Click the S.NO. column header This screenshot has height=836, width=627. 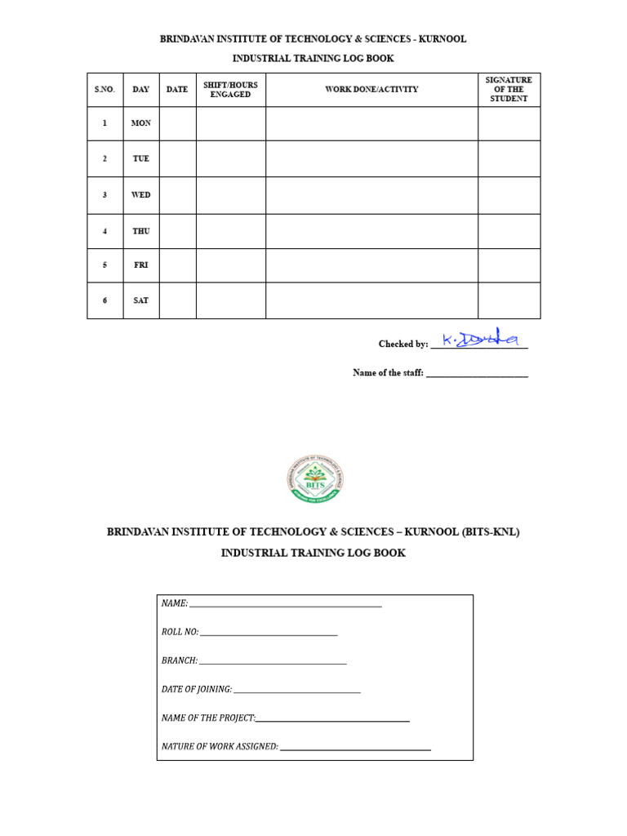pos(104,90)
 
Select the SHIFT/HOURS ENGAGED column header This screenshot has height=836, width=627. pos(230,90)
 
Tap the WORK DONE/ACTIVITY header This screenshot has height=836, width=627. pos(371,90)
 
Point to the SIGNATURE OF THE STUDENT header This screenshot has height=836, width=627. pos(509,90)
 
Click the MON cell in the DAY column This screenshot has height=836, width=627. pos(141,123)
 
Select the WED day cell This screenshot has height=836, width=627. pos(141,195)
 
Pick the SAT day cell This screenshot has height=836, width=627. pos(141,300)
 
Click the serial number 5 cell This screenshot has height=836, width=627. pos(104,265)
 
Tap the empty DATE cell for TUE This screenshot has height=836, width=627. pos(177,158)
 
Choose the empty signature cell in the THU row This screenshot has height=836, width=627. pos(509,231)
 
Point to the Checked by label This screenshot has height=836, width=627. pos(402,345)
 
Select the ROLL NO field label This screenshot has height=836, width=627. pos(180,632)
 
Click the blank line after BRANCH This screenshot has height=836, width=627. pos(273,662)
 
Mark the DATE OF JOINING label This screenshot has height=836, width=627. pos(197,689)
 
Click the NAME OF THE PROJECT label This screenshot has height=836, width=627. pos(208,718)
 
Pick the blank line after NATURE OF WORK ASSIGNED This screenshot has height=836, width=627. pos(355,748)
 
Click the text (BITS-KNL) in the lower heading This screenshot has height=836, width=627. pos(490,532)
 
